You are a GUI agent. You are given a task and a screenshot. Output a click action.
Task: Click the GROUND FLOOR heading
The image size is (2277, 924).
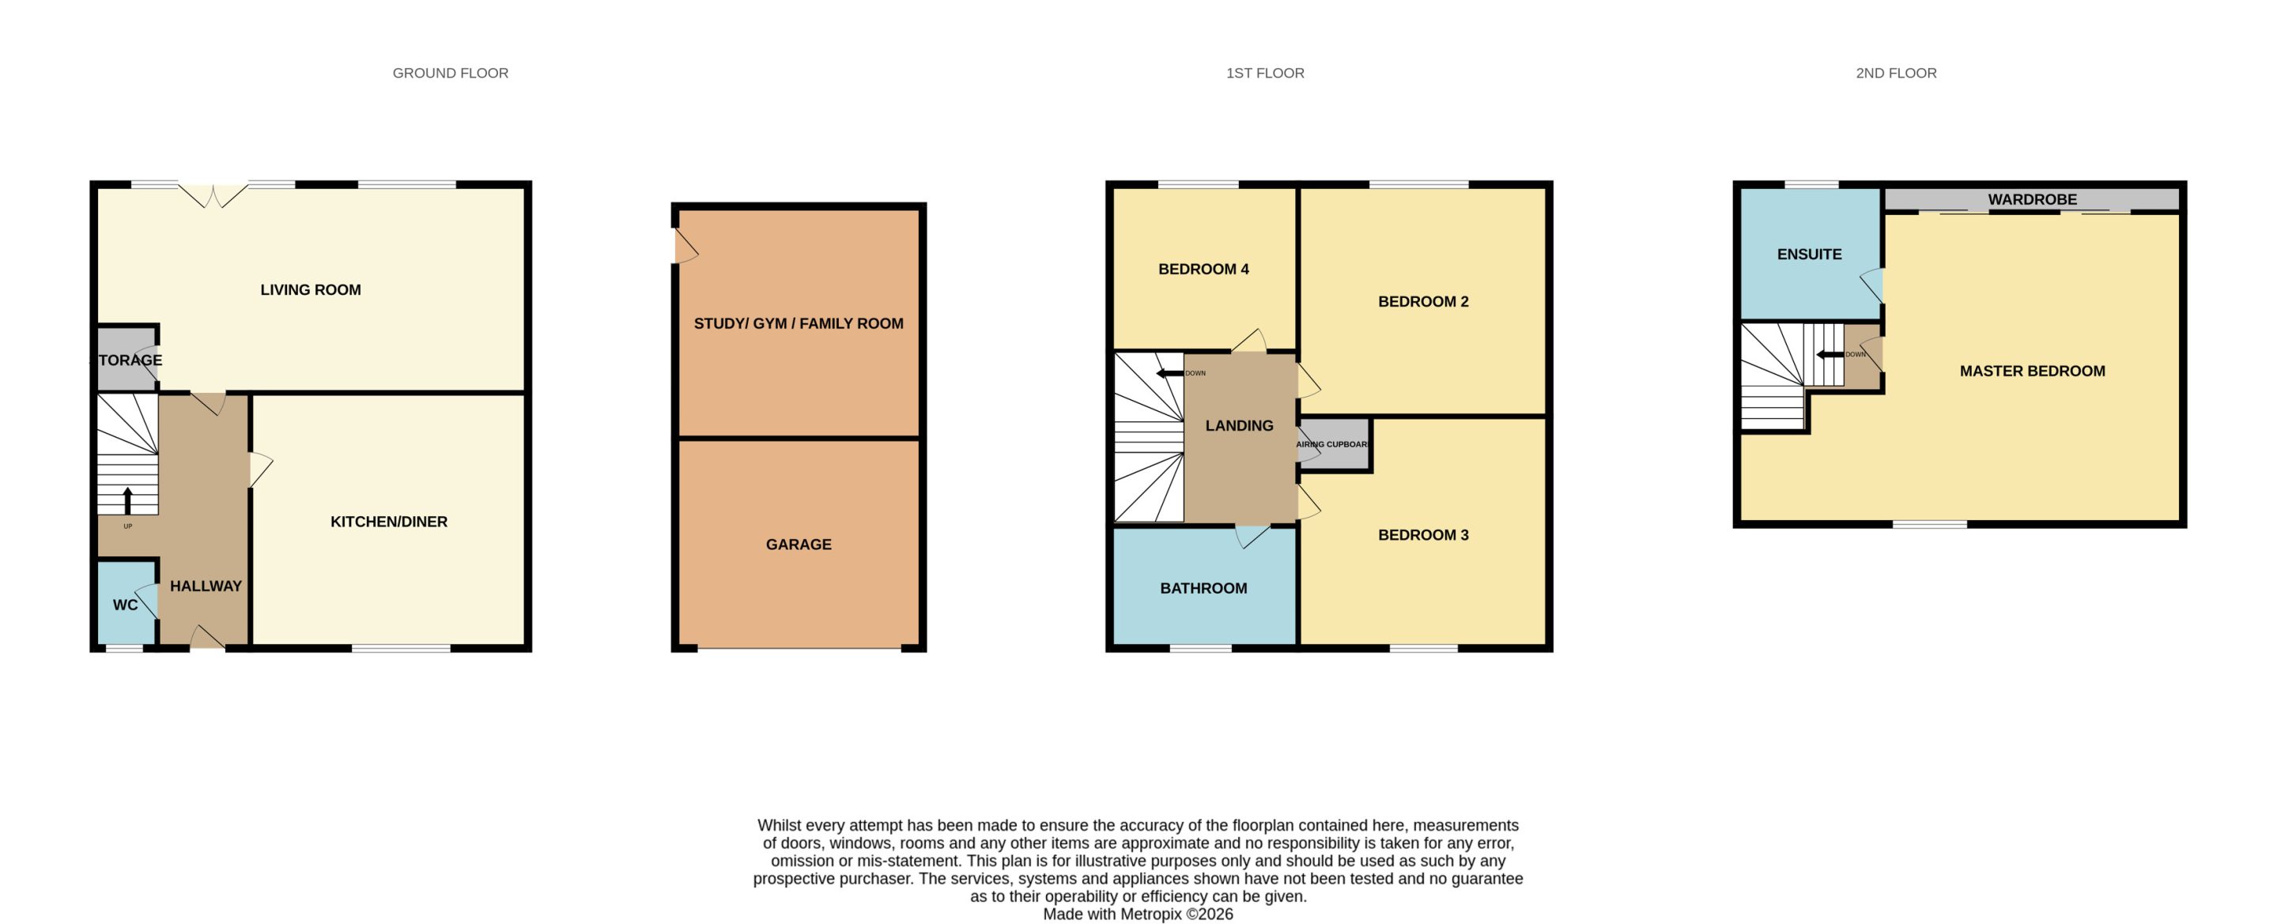(450, 74)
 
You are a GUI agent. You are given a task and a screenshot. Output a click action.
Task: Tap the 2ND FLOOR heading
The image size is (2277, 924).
(1896, 74)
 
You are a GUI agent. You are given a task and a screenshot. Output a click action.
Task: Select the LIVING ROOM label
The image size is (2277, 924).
(310, 290)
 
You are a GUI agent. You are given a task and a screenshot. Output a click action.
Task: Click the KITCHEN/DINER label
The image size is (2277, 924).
(389, 522)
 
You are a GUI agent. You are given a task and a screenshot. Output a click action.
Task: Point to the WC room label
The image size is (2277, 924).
(125, 605)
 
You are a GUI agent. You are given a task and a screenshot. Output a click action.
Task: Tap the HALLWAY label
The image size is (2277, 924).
(206, 586)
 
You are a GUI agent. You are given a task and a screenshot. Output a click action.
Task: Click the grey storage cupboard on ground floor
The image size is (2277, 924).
(126, 360)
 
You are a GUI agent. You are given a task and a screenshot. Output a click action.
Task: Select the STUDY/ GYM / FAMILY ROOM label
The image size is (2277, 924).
(799, 324)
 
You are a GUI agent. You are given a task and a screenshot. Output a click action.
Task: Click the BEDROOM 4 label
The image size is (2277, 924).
(1203, 270)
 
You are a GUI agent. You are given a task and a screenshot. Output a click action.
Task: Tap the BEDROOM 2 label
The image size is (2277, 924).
(1423, 302)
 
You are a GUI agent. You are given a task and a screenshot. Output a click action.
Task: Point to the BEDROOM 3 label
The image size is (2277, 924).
(1423, 535)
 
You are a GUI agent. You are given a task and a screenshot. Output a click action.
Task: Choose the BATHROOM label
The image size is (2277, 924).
(1203, 588)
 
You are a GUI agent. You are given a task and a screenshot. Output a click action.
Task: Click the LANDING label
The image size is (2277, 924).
(1239, 426)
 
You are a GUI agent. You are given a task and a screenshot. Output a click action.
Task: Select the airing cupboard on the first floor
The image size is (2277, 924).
(1334, 444)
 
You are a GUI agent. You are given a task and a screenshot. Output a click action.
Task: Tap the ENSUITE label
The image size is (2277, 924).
(1810, 255)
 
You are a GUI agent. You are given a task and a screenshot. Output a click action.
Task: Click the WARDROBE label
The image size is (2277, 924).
(2032, 200)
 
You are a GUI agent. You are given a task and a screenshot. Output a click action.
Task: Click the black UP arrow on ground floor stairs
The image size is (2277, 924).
(127, 501)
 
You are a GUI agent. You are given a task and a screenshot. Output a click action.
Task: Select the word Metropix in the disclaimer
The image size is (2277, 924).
(1152, 915)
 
